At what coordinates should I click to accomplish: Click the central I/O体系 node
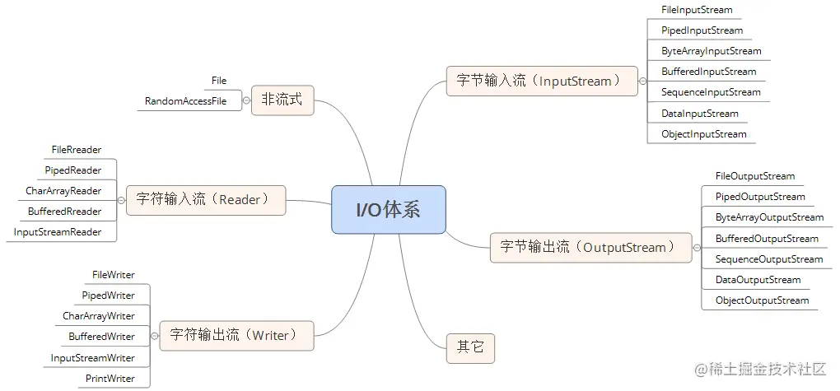(388, 209)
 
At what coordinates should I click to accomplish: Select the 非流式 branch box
(282, 100)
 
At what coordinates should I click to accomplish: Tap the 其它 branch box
(470, 347)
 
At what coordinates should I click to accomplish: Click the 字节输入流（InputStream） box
(541, 81)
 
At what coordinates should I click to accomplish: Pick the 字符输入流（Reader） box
(206, 200)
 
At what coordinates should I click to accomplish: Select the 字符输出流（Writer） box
(236, 335)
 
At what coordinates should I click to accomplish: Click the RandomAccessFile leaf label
(185, 101)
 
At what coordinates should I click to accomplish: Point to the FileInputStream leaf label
(696, 10)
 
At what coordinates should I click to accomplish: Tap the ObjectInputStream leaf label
(703, 134)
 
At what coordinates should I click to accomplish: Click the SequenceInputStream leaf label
(711, 92)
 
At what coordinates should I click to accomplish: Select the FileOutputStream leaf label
(754, 176)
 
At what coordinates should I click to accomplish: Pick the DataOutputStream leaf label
(758, 280)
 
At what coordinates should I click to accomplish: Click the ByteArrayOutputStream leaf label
(769, 217)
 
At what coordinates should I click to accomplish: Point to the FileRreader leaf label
(77, 150)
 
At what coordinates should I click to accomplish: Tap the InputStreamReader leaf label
(58, 232)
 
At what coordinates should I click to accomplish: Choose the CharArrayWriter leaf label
(98, 316)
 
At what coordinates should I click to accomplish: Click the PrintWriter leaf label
(110, 379)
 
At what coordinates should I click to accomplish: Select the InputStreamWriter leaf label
(92, 358)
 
